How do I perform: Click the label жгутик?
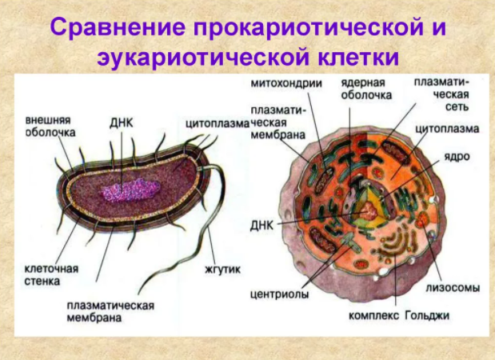point(223,270)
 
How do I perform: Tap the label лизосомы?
point(453,288)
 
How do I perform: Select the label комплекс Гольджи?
point(399,315)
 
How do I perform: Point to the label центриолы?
point(280,294)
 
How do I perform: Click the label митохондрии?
point(286,83)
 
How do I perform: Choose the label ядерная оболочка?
point(366,89)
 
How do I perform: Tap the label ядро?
point(457,157)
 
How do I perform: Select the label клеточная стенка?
point(51,274)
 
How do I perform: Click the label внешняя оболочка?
point(50,126)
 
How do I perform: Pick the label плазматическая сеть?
point(441,94)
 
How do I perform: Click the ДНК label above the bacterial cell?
point(122,123)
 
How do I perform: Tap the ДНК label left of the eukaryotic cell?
point(261,226)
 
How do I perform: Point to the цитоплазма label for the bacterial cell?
point(218,124)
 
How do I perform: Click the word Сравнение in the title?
point(118,26)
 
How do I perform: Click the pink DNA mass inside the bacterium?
point(130,190)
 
